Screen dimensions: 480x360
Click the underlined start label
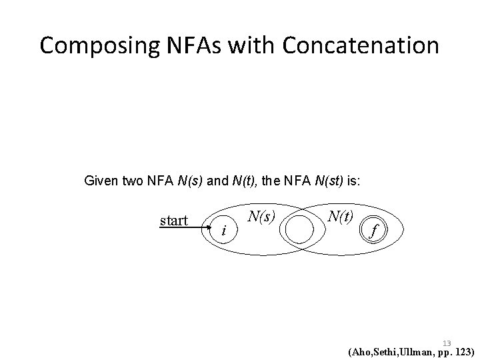(175, 220)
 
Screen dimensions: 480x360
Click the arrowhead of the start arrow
(207, 227)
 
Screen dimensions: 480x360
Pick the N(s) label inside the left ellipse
(261, 215)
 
